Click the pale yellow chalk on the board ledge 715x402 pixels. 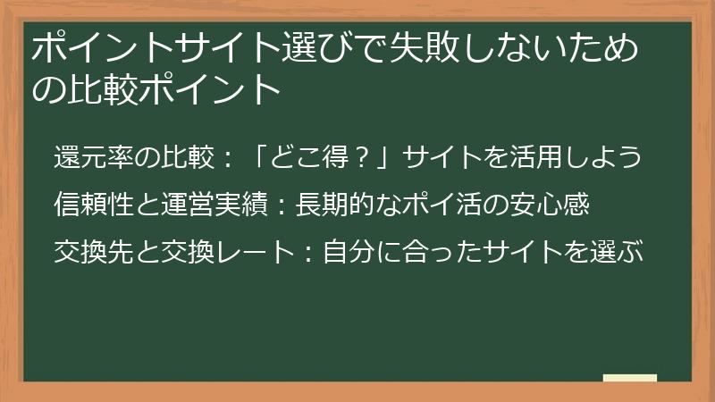tap(630, 379)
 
